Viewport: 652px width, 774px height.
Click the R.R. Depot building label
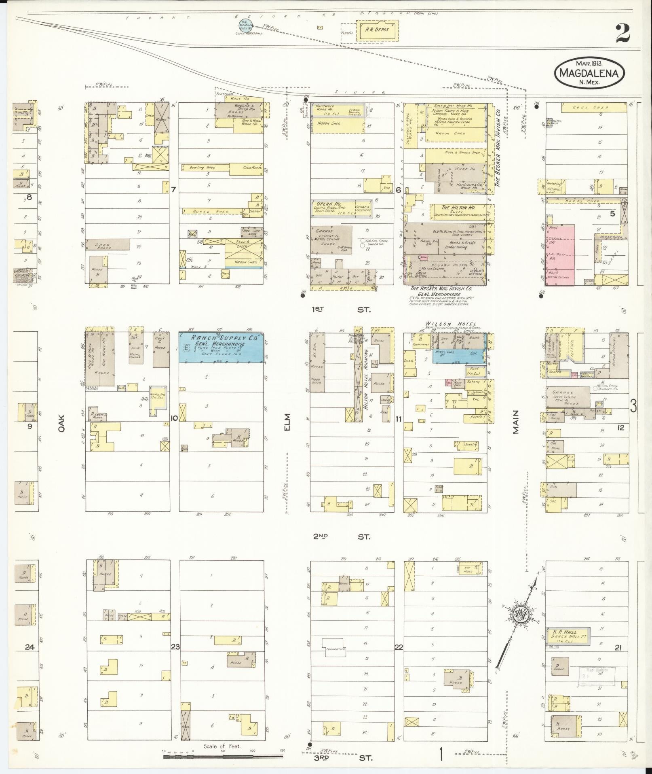[x=377, y=29]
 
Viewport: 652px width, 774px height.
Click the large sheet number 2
[x=622, y=33]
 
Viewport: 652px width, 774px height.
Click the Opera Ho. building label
[x=327, y=204]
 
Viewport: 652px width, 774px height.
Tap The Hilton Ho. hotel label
[x=452, y=208]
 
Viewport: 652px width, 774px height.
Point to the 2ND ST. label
[x=341, y=536]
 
